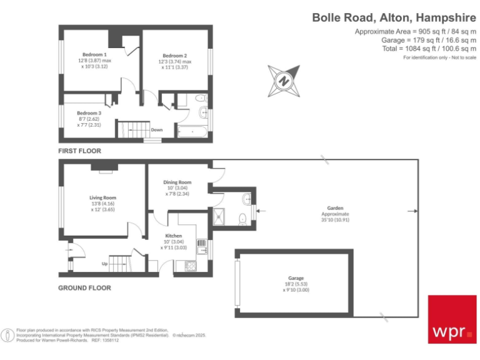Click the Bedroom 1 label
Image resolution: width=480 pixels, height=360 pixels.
pos(92,54)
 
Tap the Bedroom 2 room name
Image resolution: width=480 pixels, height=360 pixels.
pos(172,54)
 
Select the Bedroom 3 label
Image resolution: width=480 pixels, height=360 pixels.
pos(89,113)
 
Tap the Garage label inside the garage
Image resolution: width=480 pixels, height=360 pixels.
pos(296,277)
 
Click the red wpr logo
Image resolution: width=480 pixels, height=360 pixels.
pos(451,319)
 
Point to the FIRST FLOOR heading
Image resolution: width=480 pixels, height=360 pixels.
pos(79,151)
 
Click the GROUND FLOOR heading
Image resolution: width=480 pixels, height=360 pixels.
pos(84,288)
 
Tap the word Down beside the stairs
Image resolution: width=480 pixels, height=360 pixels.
pos(157,130)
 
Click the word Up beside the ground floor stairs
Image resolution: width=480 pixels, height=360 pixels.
pos(105,264)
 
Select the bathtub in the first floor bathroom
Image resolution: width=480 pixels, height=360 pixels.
pos(193,132)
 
